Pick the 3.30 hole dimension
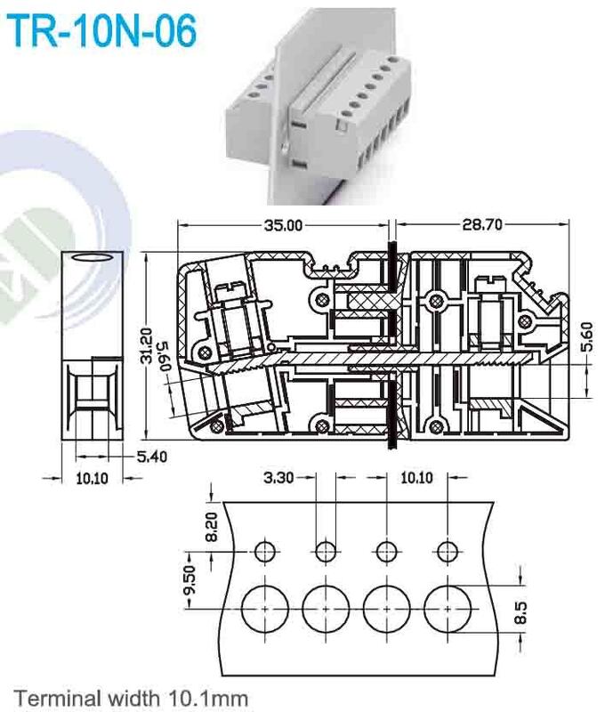pos(279,478)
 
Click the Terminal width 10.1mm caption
pos(131,696)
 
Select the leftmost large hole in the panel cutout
pos(264,610)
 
